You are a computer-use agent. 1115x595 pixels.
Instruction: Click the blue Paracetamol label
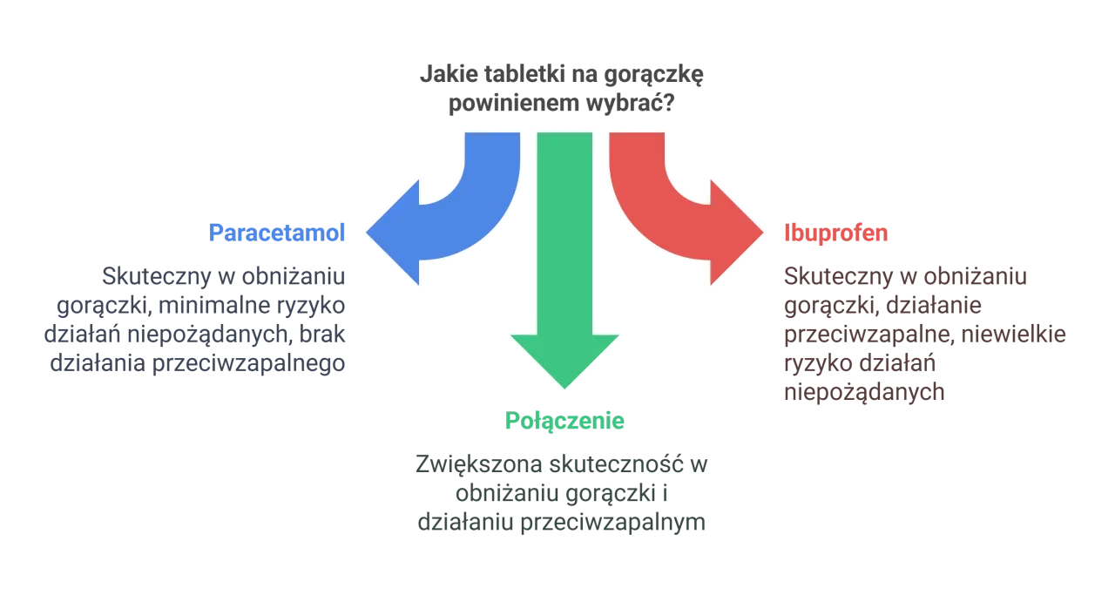[278, 233]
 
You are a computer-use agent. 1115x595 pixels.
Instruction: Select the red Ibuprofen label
[835, 233]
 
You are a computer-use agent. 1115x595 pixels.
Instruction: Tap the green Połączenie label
[564, 422]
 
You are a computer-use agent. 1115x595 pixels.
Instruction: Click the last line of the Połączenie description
[564, 525]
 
